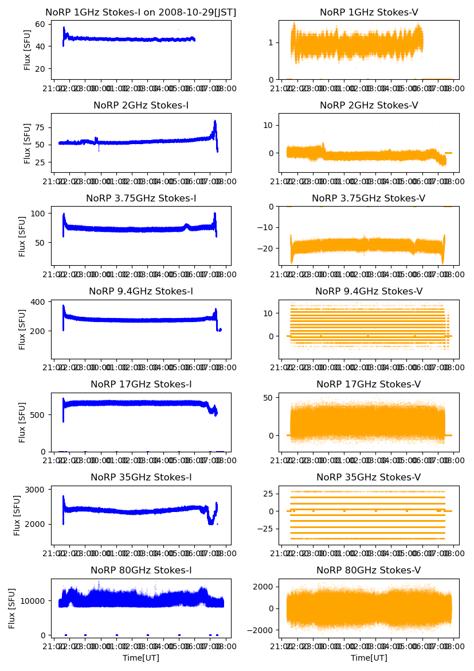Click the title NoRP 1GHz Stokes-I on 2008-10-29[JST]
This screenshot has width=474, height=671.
pyautogui.click(x=140, y=12)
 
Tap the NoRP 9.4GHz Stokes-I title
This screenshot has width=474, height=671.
pyautogui.click(x=140, y=291)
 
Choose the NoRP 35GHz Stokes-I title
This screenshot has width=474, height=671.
pyautogui.click(x=140, y=477)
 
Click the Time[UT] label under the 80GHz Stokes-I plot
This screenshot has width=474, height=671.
pyautogui.click(x=140, y=658)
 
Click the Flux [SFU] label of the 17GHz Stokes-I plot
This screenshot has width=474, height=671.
pyautogui.click(x=22, y=422)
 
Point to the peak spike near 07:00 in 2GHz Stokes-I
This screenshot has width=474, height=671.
pyautogui.click(x=215, y=122)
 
